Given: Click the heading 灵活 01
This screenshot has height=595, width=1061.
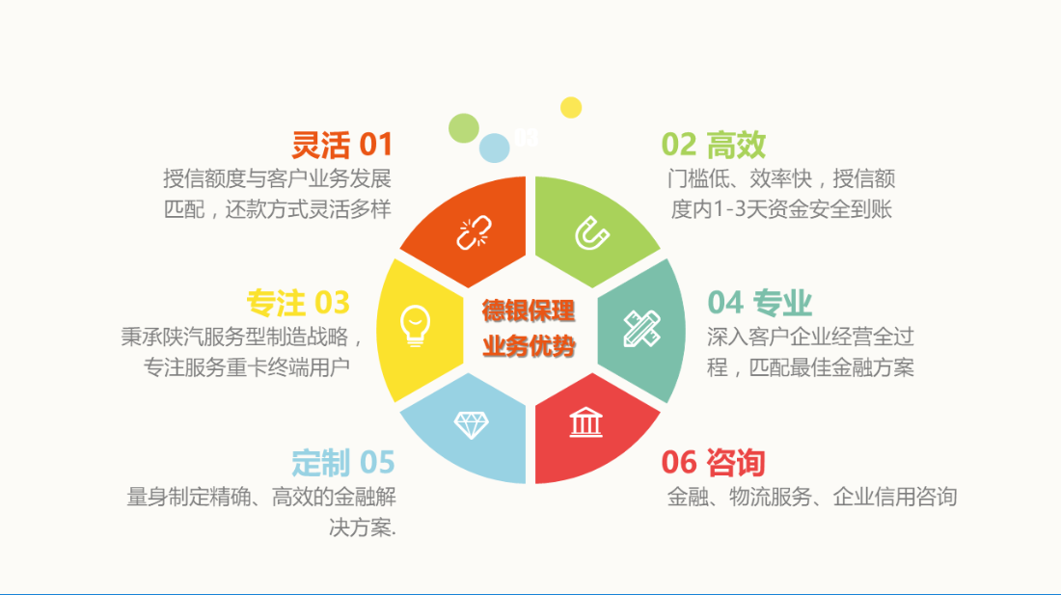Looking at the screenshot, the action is (341, 145).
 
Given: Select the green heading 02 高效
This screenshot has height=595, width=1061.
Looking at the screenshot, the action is (713, 145).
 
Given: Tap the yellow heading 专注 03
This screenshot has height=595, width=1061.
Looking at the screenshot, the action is (298, 302).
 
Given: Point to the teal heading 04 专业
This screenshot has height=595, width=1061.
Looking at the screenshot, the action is (759, 302).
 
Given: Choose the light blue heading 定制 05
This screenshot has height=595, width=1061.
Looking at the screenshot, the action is (343, 463).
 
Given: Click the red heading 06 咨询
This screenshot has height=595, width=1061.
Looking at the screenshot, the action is (713, 463).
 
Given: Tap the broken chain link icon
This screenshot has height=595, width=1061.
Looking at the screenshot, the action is (474, 232).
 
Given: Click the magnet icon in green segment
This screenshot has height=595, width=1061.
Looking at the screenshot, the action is (592, 233).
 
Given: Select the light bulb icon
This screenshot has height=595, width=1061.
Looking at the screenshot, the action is (415, 326).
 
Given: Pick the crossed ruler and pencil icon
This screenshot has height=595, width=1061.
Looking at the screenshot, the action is (641, 329).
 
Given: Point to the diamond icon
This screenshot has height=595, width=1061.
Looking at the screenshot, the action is (471, 425).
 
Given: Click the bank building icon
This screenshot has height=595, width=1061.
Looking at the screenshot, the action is (586, 422).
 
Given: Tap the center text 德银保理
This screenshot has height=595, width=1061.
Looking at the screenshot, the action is (529, 311).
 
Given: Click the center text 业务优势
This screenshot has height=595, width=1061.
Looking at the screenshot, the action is (529, 345).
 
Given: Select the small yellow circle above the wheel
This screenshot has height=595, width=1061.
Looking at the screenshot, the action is (571, 107).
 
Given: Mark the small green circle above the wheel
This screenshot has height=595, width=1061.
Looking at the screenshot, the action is (464, 128).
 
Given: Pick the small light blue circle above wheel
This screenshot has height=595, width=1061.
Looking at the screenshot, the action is (495, 149).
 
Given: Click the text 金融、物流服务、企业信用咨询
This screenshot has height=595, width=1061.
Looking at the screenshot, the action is (811, 497).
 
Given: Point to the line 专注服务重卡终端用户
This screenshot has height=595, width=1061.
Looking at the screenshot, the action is (246, 367).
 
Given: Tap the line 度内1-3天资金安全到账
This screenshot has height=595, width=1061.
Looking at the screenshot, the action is (781, 209).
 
